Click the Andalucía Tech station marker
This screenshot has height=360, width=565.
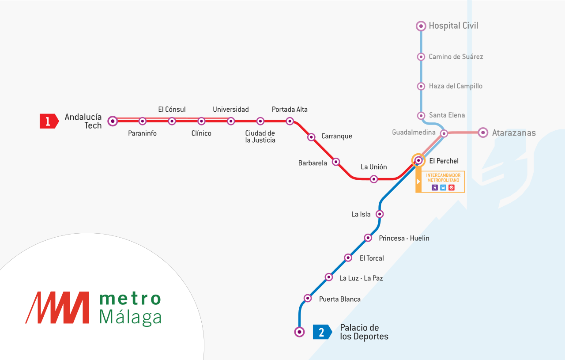point(113,121)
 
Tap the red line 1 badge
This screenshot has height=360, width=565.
point(49,121)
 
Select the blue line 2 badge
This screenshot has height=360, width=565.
point(322,332)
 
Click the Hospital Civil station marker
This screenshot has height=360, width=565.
point(421,26)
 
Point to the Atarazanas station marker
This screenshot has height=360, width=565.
point(483,133)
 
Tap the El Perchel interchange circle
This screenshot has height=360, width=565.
point(418,160)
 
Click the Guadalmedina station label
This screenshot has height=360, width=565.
point(414,133)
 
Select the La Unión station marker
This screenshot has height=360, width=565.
point(374,179)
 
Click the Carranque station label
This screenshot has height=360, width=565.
point(336,136)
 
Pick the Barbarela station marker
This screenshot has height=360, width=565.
point(336,162)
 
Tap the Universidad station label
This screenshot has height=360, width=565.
point(230,110)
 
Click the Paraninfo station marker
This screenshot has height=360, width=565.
point(143,121)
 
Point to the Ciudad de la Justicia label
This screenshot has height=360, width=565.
point(260,137)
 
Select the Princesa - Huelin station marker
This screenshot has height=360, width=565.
point(368,238)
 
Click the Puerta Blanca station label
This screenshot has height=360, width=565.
point(339,299)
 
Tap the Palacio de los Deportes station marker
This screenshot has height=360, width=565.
point(300,331)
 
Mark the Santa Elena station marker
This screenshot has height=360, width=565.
point(421,115)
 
